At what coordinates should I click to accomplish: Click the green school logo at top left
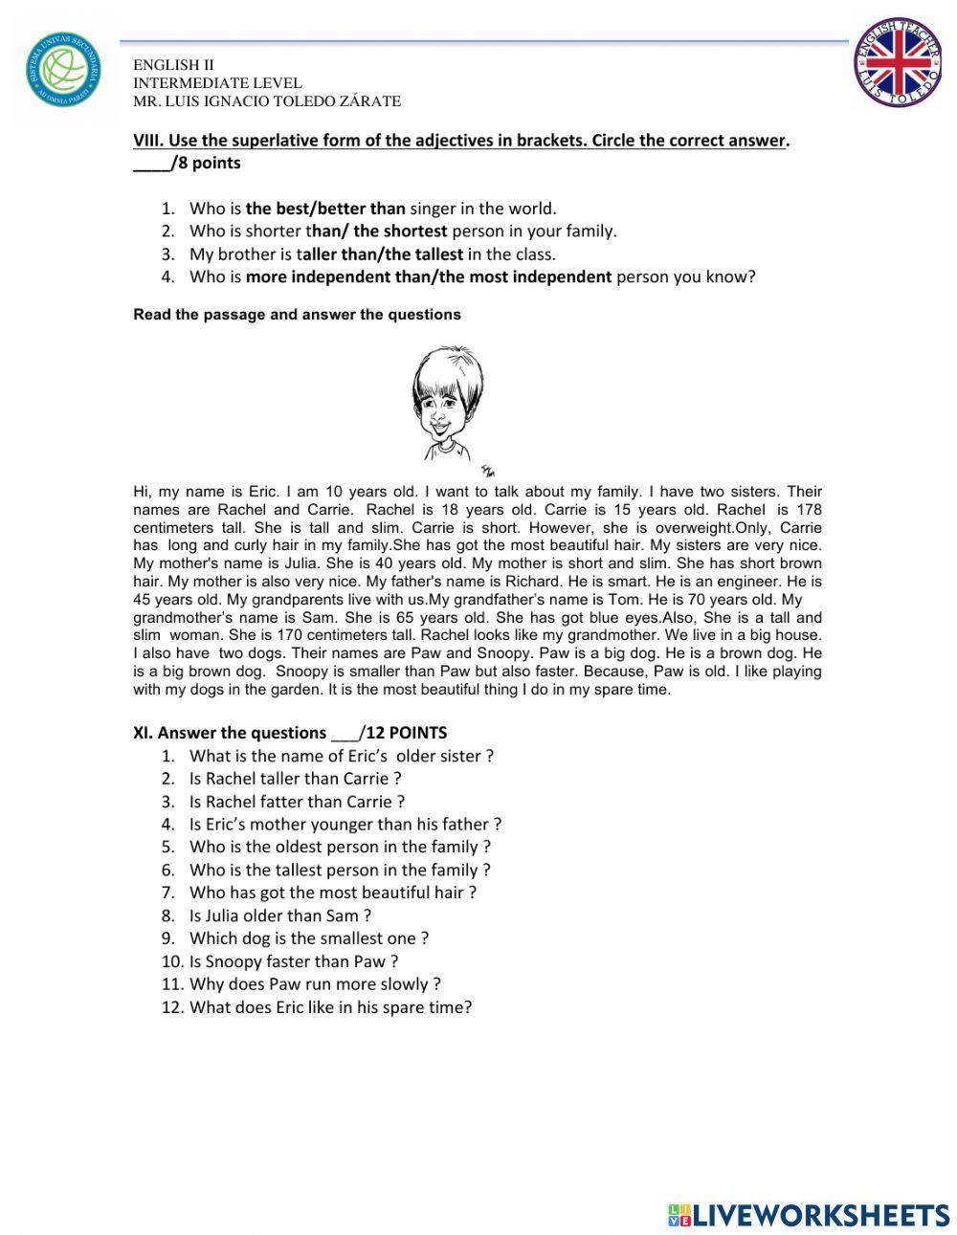tap(63, 72)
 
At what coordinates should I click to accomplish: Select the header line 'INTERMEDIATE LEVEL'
tap(217, 83)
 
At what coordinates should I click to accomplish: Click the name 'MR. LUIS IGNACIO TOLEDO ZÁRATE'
tap(267, 101)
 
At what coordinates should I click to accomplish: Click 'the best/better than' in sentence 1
tap(325, 209)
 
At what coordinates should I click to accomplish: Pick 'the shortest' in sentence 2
tap(400, 232)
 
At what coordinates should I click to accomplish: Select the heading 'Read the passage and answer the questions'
tap(297, 315)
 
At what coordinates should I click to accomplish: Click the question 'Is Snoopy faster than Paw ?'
tap(293, 961)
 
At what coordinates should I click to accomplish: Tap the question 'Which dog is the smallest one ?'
tap(308, 938)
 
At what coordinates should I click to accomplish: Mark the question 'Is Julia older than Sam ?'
tap(279, 915)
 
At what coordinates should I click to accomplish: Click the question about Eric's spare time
tap(330, 1007)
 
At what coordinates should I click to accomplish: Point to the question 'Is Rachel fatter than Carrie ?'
tap(297, 802)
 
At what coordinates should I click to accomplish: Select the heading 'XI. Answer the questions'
tap(230, 733)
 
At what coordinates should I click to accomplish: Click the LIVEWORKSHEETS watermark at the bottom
tap(809, 1215)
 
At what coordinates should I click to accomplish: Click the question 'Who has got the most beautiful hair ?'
tap(332, 893)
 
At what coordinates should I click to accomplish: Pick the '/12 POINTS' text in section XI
tap(402, 733)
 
